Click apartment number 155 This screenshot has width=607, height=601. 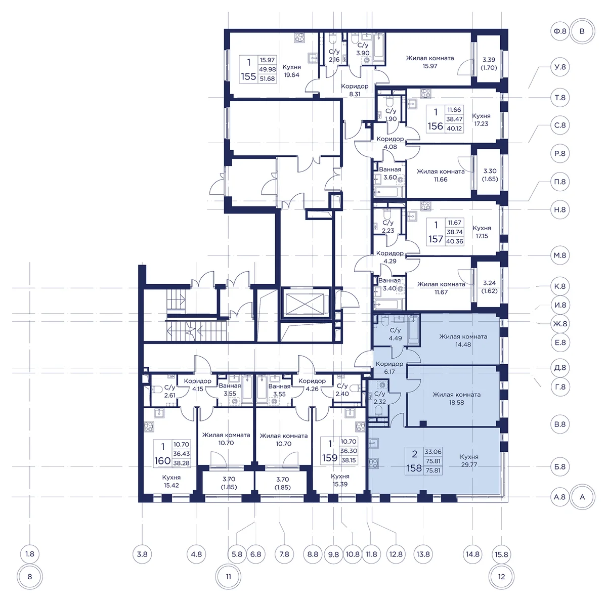pos(248,76)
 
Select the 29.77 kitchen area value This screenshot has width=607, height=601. pos(469,464)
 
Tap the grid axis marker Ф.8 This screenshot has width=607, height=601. pos(560,31)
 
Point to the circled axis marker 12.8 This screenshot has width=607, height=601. pos(396,554)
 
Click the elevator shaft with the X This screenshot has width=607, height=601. pos(305,304)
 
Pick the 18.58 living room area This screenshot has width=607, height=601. pos(456,403)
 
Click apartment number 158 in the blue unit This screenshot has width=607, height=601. pos(414,468)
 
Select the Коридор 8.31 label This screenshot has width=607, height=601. pos(355,90)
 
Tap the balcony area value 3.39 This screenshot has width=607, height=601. pos(489,60)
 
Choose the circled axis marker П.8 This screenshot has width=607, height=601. pos(560,182)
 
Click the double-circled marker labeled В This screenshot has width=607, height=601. pos(582,31)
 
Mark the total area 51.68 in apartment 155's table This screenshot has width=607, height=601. pos(267,79)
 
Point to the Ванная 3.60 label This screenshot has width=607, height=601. pos(389,174)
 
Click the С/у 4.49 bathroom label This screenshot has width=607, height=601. pos(395,334)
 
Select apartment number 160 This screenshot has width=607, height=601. pos(162,461)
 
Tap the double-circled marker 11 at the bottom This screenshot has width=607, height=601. pos(228,576)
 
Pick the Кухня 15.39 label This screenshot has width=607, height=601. pos(340,480)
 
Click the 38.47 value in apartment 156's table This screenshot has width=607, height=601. pos(454,119)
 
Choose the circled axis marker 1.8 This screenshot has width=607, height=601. pos(30,554)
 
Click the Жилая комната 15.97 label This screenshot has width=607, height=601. pos(429,62)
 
